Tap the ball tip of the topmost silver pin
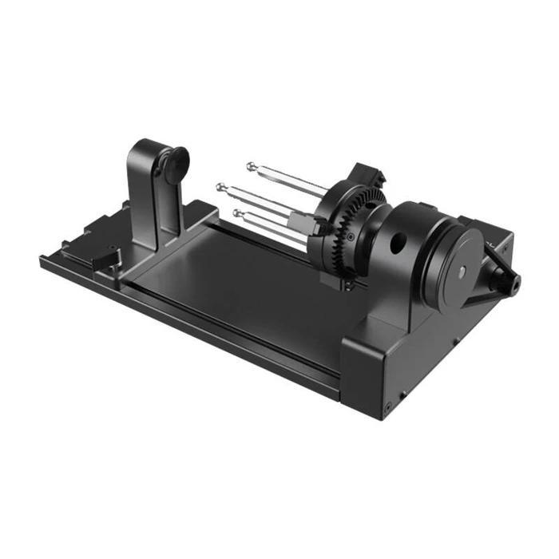(252, 166)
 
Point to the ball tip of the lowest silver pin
(237, 213)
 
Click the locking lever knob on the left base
(106, 257)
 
